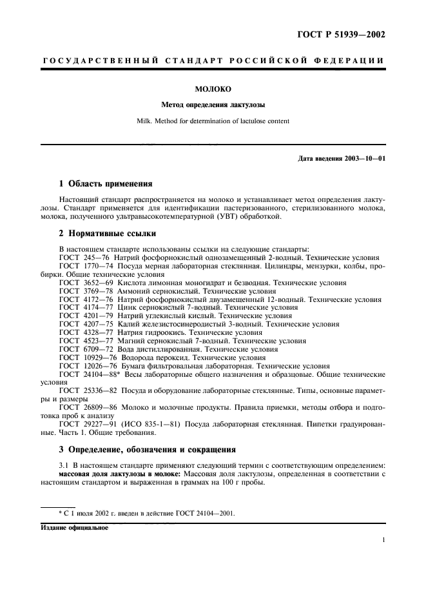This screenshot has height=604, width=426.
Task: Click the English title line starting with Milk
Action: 213,121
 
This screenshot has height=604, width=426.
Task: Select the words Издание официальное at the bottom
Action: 74,527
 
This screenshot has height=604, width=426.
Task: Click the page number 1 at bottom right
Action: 383,541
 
